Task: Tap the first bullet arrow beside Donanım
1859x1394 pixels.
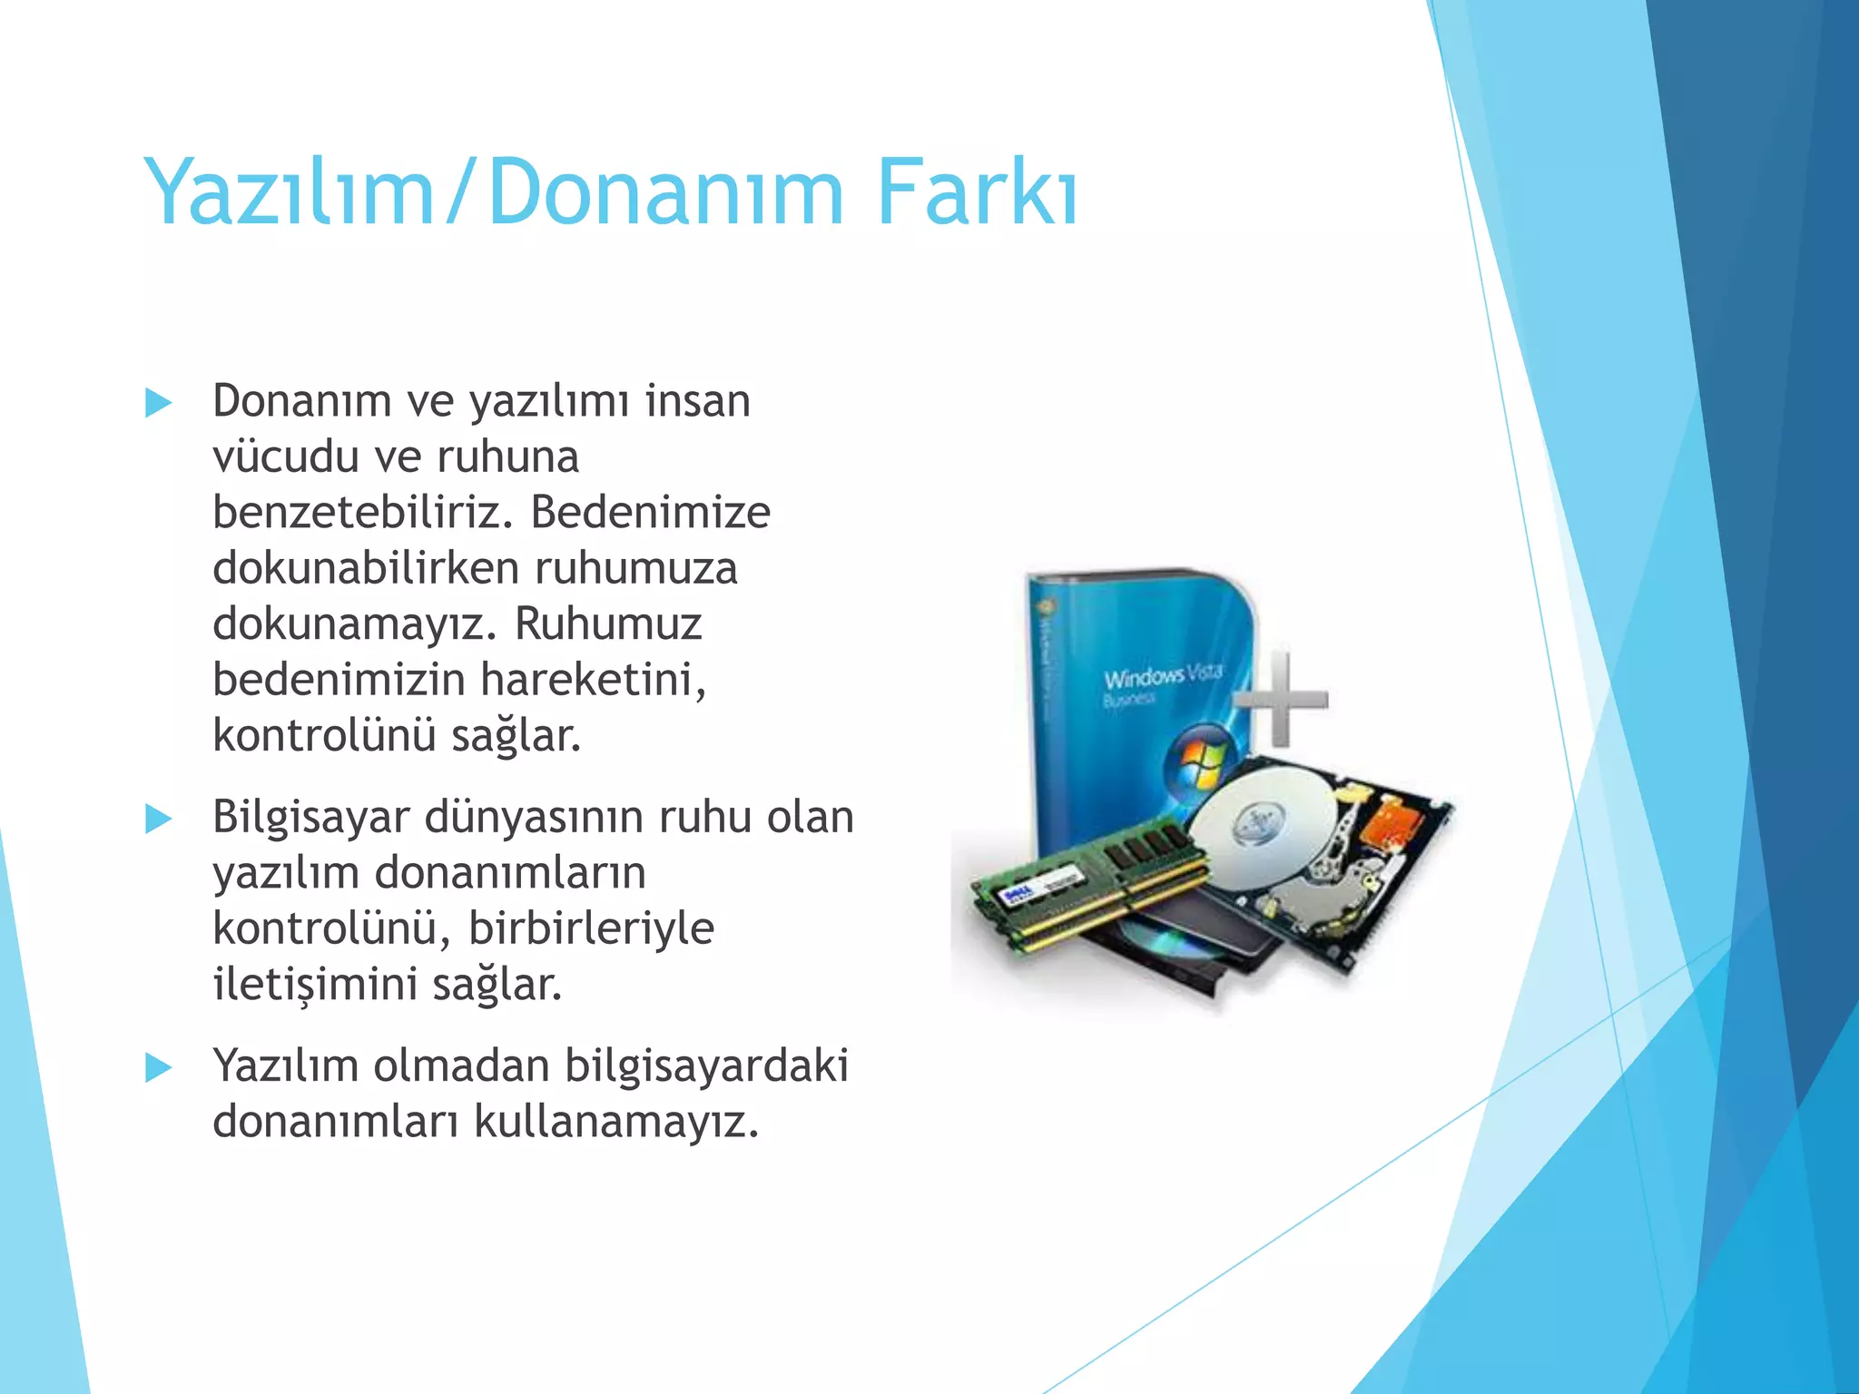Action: pyautogui.click(x=158, y=403)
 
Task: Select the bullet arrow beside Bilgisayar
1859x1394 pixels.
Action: pyautogui.click(x=158, y=820)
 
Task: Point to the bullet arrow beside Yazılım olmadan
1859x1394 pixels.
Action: pyautogui.click(x=158, y=1068)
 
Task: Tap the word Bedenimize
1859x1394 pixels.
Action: pyautogui.click(x=650, y=513)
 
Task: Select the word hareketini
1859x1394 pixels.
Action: pyautogui.click(x=593, y=680)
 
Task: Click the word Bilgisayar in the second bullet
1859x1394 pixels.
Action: pyautogui.click(x=311, y=818)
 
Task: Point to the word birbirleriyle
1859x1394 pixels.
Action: pyautogui.click(x=591, y=928)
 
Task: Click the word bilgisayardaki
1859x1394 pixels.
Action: pyautogui.click(x=706, y=1066)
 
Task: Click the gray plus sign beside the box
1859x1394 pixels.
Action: pyautogui.click(x=1282, y=698)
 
